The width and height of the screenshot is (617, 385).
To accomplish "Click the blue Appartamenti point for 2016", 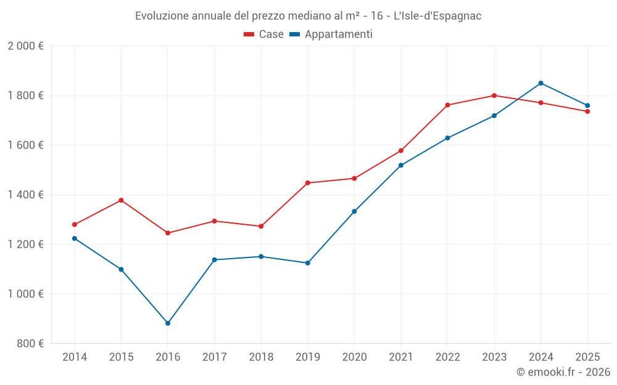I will (168, 323).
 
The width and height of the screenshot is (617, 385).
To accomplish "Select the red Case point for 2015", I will (121, 200).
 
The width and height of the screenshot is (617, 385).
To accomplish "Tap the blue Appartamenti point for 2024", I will (540, 83).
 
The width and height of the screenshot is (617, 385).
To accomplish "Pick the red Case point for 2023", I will (494, 95).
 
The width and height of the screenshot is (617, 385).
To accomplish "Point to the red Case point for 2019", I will (308, 183).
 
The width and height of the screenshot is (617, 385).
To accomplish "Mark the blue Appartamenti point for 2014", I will (75, 238).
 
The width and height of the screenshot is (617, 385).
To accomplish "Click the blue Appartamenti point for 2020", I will (354, 211).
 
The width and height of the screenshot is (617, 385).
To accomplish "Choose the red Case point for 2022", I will (447, 105).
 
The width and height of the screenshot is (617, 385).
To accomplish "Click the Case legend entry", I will (264, 34).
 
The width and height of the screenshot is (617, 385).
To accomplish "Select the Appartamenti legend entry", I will (331, 34).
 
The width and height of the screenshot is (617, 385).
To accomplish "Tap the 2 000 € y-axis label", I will (25, 46).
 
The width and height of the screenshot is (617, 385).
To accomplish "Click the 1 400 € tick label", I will (25, 195).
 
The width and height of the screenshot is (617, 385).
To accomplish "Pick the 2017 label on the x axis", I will (214, 357).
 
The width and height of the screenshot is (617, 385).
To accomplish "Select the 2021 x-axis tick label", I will (400, 357).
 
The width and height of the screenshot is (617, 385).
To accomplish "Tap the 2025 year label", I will (587, 357).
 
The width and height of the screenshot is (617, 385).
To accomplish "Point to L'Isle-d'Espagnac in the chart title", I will (437, 16).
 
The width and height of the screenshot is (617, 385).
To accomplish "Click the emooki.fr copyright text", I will (563, 372).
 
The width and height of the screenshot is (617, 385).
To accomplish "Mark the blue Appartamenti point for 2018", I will (261, 256).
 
